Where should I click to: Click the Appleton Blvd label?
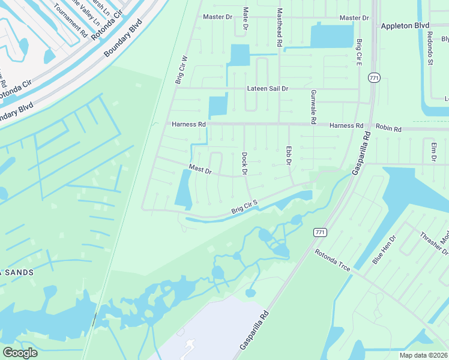(x=405, y=26)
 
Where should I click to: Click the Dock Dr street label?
(x=245, y=164)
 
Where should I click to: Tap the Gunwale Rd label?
(x=313, y=107)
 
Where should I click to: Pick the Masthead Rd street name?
(x=279, y=28)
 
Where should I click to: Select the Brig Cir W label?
(x=181, y=70)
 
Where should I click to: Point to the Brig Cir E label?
(x=359, y=52)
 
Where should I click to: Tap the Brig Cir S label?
(x=244, y=207)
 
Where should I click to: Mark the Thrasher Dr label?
(x=430, y=243)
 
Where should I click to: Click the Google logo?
(x=20, y=353)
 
